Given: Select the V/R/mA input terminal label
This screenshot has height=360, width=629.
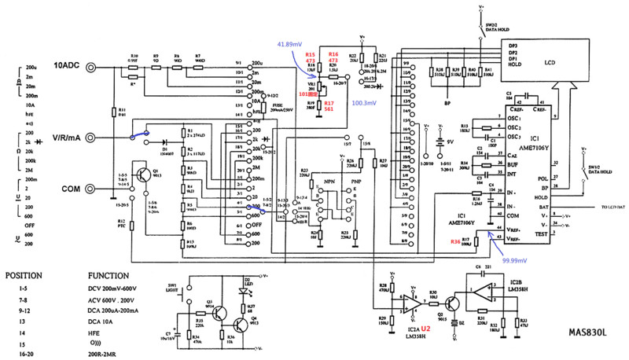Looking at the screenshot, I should tap(72, 138).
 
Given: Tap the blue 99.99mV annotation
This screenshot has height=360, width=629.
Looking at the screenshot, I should tap(509, 259).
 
